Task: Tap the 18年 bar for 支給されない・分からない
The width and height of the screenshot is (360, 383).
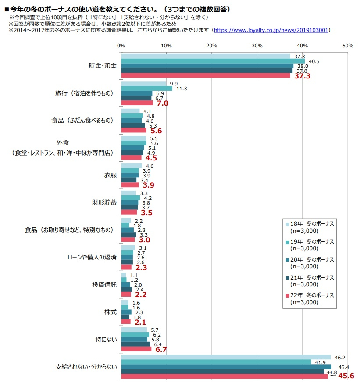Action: tap(225, 357)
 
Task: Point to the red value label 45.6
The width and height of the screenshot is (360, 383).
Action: tap(346, 376)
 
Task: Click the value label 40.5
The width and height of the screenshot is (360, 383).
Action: tap(314, 61)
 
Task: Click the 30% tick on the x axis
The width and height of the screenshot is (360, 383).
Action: tap(257, 46)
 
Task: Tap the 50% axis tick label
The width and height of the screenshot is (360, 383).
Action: tap(347, 46)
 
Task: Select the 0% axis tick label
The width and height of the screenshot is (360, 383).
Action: tap(121, 46)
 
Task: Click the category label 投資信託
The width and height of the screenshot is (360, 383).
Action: tap(104, 285)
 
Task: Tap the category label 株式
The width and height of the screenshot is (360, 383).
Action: tap(110, 312)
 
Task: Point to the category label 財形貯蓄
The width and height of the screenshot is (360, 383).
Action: tap(104, 202)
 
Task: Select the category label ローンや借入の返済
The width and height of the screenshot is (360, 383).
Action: tap(92, 257)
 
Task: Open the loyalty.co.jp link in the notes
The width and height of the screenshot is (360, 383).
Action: tap(271, 30)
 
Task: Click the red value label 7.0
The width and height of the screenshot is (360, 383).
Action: tap(161, 104)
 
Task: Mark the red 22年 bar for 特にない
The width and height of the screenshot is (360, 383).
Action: tap(136, 349)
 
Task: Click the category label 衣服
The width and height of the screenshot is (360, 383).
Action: tap(110, 175)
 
